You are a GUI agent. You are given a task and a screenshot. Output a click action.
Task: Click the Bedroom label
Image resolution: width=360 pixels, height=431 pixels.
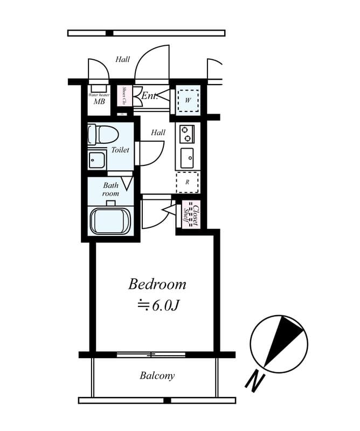[157, 284]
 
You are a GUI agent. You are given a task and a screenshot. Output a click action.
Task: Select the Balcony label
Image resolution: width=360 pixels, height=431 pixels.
[157, 376]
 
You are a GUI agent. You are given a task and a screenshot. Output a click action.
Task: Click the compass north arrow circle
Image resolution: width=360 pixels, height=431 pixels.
[279, 343]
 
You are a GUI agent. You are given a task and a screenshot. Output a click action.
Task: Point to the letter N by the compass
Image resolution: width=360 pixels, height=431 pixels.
[254, 380]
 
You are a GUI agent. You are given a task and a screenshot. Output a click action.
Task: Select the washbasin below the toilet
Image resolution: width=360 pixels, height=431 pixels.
[97, 160]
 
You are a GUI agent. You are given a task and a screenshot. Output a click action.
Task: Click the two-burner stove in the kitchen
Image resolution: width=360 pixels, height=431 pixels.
[187, 133]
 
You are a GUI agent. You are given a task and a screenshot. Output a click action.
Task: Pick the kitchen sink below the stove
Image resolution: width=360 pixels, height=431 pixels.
[187, 158]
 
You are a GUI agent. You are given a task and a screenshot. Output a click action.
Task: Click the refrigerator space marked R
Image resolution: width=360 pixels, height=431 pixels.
[187, 182]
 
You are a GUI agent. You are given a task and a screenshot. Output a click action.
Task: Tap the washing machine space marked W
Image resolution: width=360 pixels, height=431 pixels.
[188, 100]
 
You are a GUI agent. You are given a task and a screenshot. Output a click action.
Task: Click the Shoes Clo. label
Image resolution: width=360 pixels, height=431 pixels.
[124, 96]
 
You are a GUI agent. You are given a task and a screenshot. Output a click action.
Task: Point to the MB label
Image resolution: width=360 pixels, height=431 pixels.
[99, 101]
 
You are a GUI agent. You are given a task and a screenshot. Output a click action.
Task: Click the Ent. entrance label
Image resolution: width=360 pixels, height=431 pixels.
[149, 96]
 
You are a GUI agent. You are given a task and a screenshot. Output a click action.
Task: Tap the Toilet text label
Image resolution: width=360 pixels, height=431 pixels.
[120, 150]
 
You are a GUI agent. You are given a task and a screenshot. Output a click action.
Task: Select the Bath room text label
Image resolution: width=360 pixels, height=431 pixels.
[111, 189]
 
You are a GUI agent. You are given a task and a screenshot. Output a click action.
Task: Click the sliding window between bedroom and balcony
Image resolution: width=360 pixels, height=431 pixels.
[151, 354]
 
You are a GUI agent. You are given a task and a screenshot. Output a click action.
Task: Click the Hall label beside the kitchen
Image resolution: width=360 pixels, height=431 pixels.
[158, 133]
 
